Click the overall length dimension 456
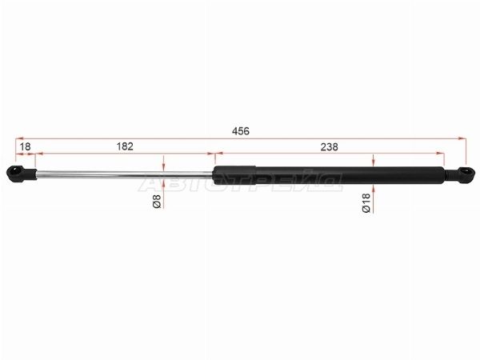[241, 131]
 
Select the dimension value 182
[125, 146]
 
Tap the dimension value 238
[330, 147]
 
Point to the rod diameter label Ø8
[157, 201]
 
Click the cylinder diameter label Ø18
[366, 202]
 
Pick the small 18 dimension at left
[25, 146]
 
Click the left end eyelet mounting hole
[15, 170]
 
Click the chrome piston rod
[124, 174]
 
